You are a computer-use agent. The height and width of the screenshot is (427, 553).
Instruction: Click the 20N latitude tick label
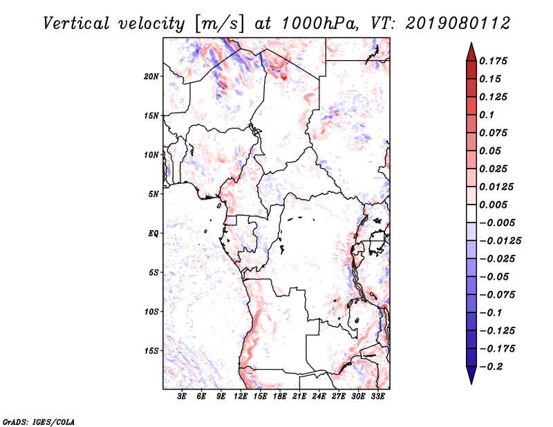click(x=151, y=76)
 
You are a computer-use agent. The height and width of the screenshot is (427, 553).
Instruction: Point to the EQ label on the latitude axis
click(x=153, y=233)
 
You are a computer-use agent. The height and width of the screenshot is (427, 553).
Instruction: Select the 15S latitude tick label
click(x=151, y=350)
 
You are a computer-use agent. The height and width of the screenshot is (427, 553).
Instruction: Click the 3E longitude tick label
click(x=182, y=397)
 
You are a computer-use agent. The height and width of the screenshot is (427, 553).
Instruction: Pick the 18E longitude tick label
click(x=280, y=397)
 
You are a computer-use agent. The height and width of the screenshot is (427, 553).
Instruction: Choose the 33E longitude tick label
click(x=377, y=397)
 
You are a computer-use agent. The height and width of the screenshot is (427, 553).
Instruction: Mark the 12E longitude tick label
click(x=241, y=397)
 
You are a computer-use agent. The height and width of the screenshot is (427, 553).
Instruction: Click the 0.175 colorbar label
click(x=495, y=61)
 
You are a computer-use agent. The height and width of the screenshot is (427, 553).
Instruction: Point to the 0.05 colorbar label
click(x=492, y=151)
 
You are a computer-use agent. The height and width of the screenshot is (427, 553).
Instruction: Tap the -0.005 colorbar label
click(x=498, y=222)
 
